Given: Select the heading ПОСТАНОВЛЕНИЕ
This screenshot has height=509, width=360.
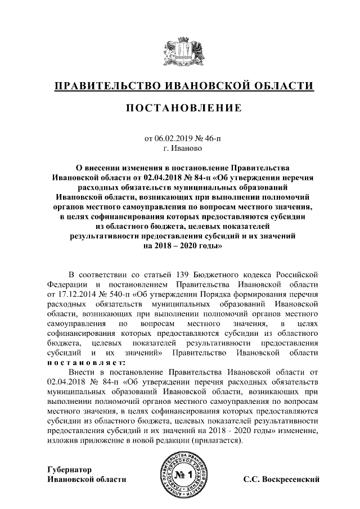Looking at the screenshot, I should coord(179,107).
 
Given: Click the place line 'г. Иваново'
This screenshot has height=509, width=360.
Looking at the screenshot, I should coord(179,148).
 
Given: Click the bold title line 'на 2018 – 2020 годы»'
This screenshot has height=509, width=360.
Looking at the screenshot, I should coord(179,246).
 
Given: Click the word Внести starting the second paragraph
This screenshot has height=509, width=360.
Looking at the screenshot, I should coord(82,372).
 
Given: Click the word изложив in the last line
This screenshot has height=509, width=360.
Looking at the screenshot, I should coord(62,440).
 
